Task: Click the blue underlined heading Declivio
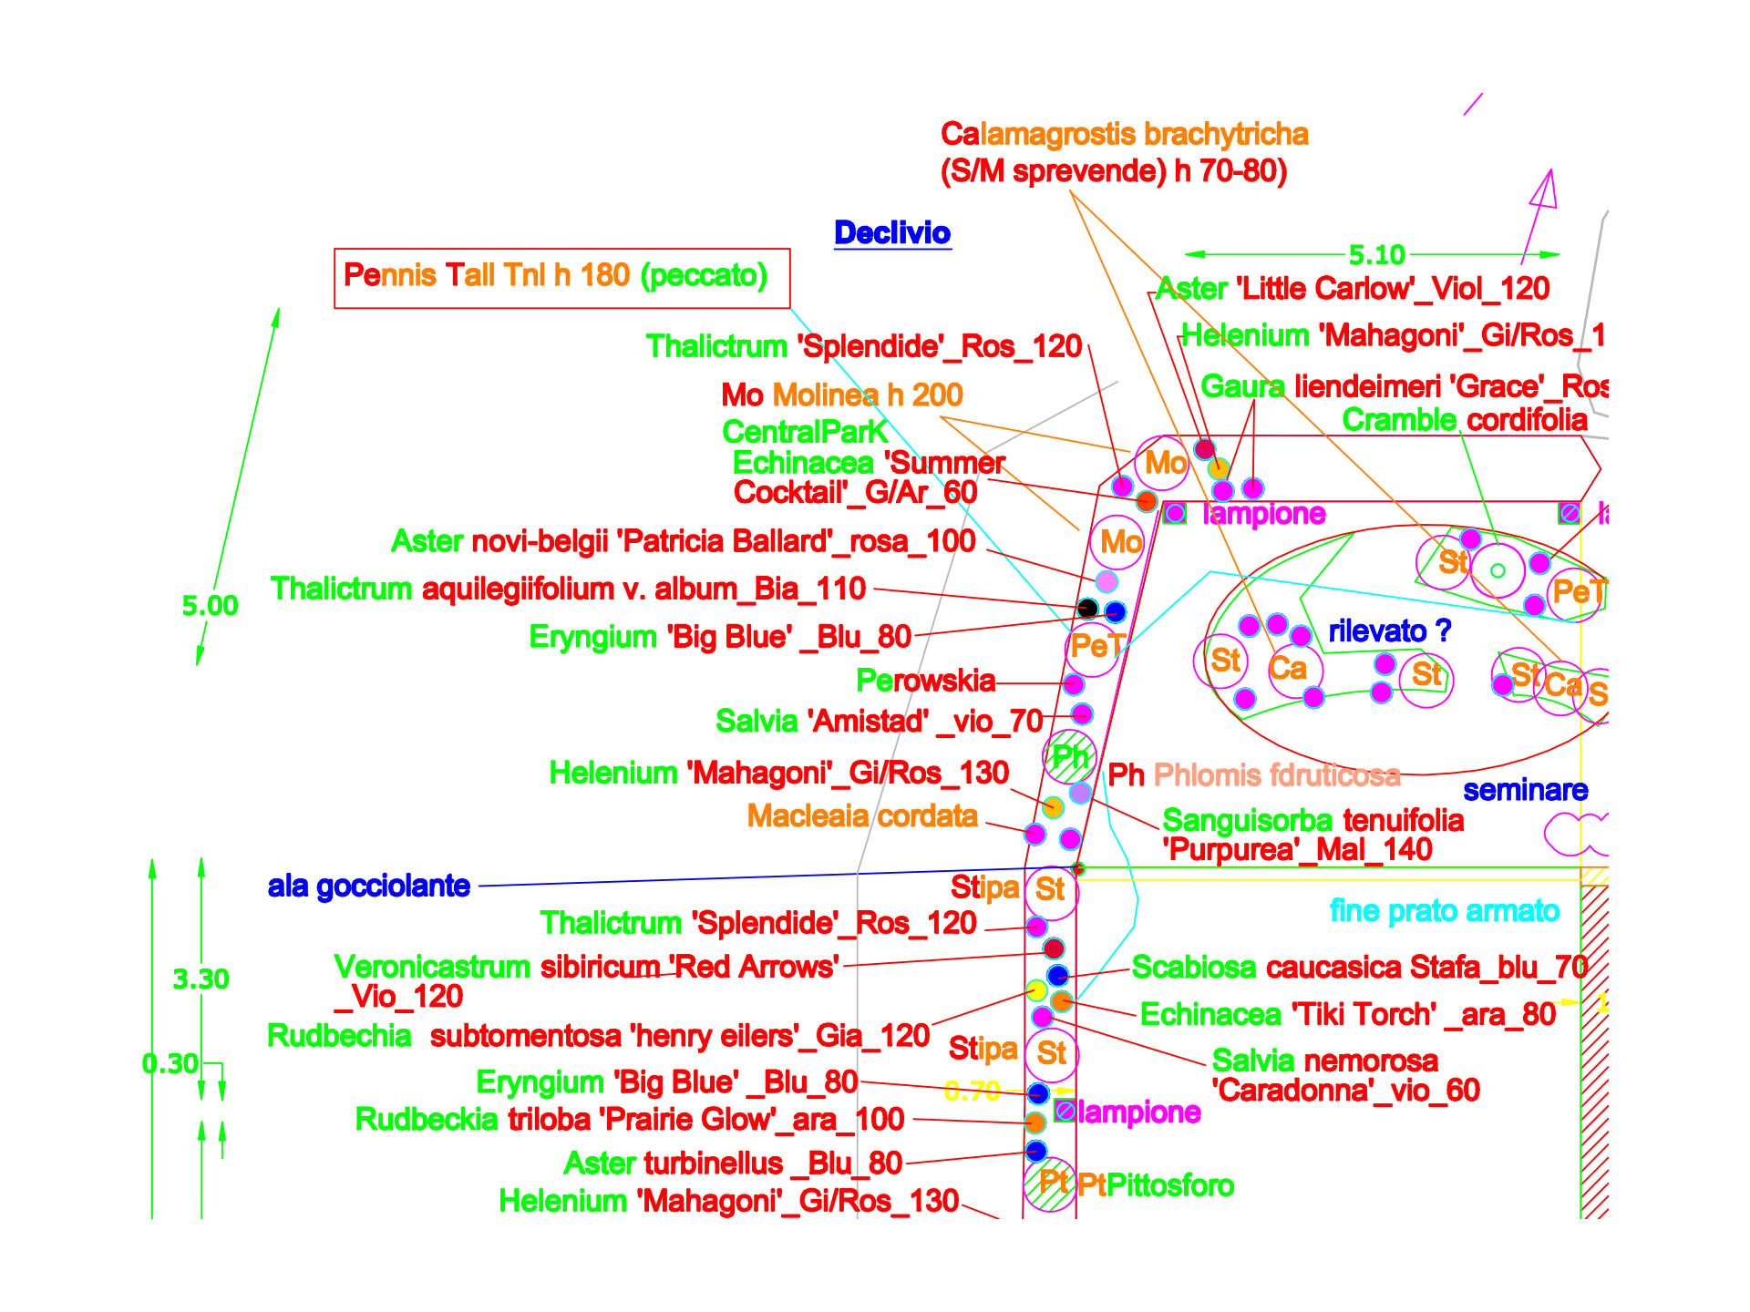pos(892,233)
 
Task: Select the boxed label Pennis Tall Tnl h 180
pos(555,275)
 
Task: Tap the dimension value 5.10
pos(1376,255)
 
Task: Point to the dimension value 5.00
pos(210,606)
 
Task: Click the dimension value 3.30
pos(201,979)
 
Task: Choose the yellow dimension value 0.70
pos(973,1091)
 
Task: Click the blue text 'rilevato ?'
pos(1389,630)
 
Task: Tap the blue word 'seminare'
pos(1525,790)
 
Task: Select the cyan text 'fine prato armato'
pos(1444,910)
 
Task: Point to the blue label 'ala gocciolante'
pos(368,886)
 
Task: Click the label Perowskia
pos(925,681)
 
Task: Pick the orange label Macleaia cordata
pos(862,815)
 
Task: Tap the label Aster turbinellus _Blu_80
pos(733,1163)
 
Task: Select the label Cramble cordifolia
pos(1465,420)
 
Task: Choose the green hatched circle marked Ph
pos(1069,757)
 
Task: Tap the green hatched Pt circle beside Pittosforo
pos(1050,1184)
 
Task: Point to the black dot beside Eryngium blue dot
pos(1087,608)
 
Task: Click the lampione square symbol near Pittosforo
pos(1064,1110)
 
